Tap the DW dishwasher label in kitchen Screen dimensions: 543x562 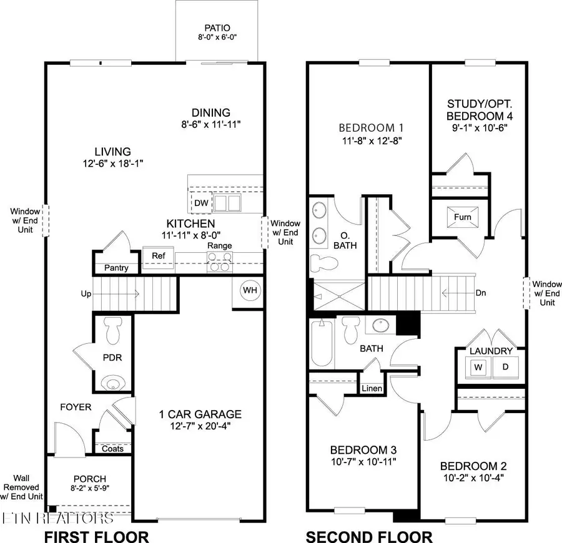click(x=201, y=203)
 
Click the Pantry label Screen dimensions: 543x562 click(x=116, y=268)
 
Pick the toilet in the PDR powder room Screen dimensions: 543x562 click(x=112, y=330)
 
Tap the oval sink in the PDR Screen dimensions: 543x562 click(x=112, y=383)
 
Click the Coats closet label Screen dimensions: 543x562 click(x=113, y=449)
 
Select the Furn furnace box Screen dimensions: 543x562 click(x=462, y=217)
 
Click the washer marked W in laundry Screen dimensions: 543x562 click(x=479, y=368)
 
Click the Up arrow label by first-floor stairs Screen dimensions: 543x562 click(x=87, y=293)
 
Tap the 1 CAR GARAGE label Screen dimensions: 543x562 click(x=200, y=414)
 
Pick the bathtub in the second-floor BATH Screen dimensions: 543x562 click(x=323, y=346)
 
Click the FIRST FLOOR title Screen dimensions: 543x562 click(x=96, y=536)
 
